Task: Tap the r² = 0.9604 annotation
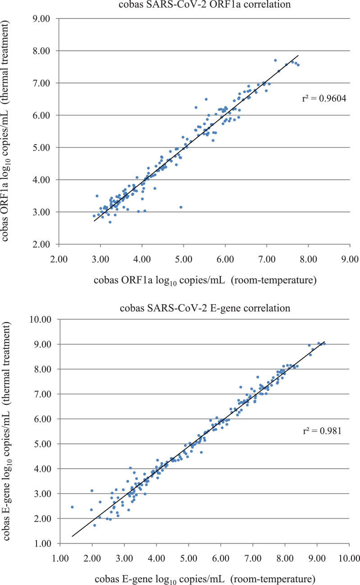pos(323,99)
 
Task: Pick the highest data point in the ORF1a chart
pos(275,60)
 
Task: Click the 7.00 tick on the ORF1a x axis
pos(267,260)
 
